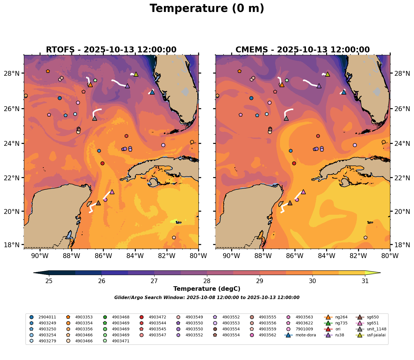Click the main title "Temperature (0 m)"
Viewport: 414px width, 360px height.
point(207,9)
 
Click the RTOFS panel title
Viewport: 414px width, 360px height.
point(111,50)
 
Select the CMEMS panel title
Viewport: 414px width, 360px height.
point(303,50)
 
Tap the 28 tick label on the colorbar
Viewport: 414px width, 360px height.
point(207,281)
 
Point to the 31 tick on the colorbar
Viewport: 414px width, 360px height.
point(365,281)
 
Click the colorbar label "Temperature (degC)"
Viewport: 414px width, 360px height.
point(207,289)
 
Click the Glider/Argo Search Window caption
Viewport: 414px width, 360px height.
point(207,298)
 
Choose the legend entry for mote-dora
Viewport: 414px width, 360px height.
point(305,335)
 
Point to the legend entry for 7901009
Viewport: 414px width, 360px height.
point(305,329)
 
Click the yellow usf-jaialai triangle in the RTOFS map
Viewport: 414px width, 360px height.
point(136,74)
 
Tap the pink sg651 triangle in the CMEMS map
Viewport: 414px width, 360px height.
point(303,192)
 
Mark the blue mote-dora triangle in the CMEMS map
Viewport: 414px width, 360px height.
point(344,92)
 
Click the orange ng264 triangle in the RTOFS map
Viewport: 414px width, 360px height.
point(90,85)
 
